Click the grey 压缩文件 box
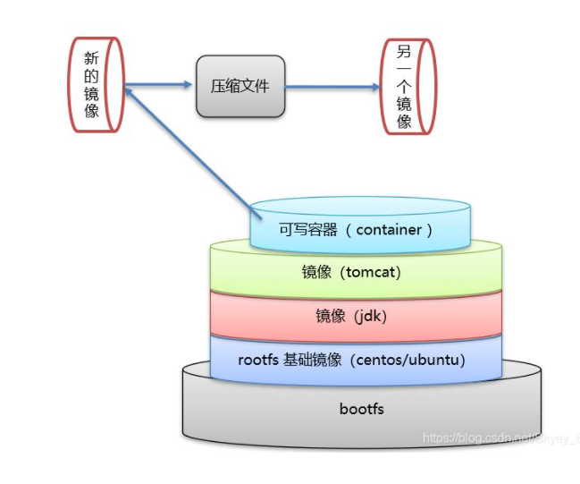point(240,86)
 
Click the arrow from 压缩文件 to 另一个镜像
point(332,87)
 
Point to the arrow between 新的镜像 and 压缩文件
point(159,86)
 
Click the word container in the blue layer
point(389,229)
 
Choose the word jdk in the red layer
point(369,316)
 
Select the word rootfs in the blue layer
point(259,361)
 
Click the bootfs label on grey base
point(361,409)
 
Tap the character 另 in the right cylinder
point(404,53)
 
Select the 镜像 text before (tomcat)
point(316,272)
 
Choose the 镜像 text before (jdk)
point(330,316)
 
